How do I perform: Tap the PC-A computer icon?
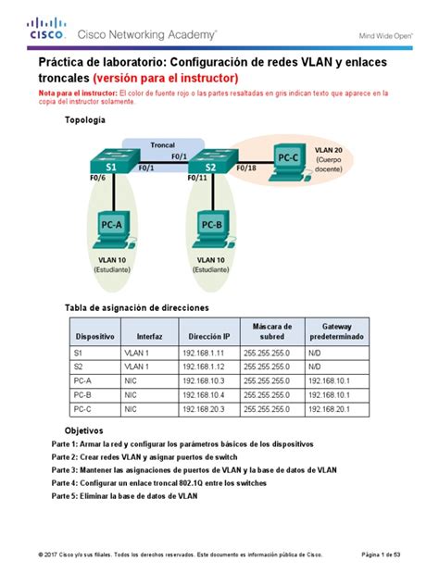pyautogui.click(x=111, y=229)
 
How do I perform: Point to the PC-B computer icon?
pyautogui.click(x=212, y=229)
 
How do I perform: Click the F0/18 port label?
pyautogui.click(x=246, y=168)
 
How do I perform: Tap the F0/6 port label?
pyautogui.click(x=97, y=178)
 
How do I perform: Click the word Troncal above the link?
pyautogui.click(x=163, y=145)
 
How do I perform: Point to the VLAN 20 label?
pyautogui.click(x=329, y=149)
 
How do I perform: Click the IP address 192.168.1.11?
pyautogui.click(x=203, y=353)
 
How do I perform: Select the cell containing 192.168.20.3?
pyautogui.click(x=203, y=409)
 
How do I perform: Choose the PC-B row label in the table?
pyautogui.click(x=83, y=395)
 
